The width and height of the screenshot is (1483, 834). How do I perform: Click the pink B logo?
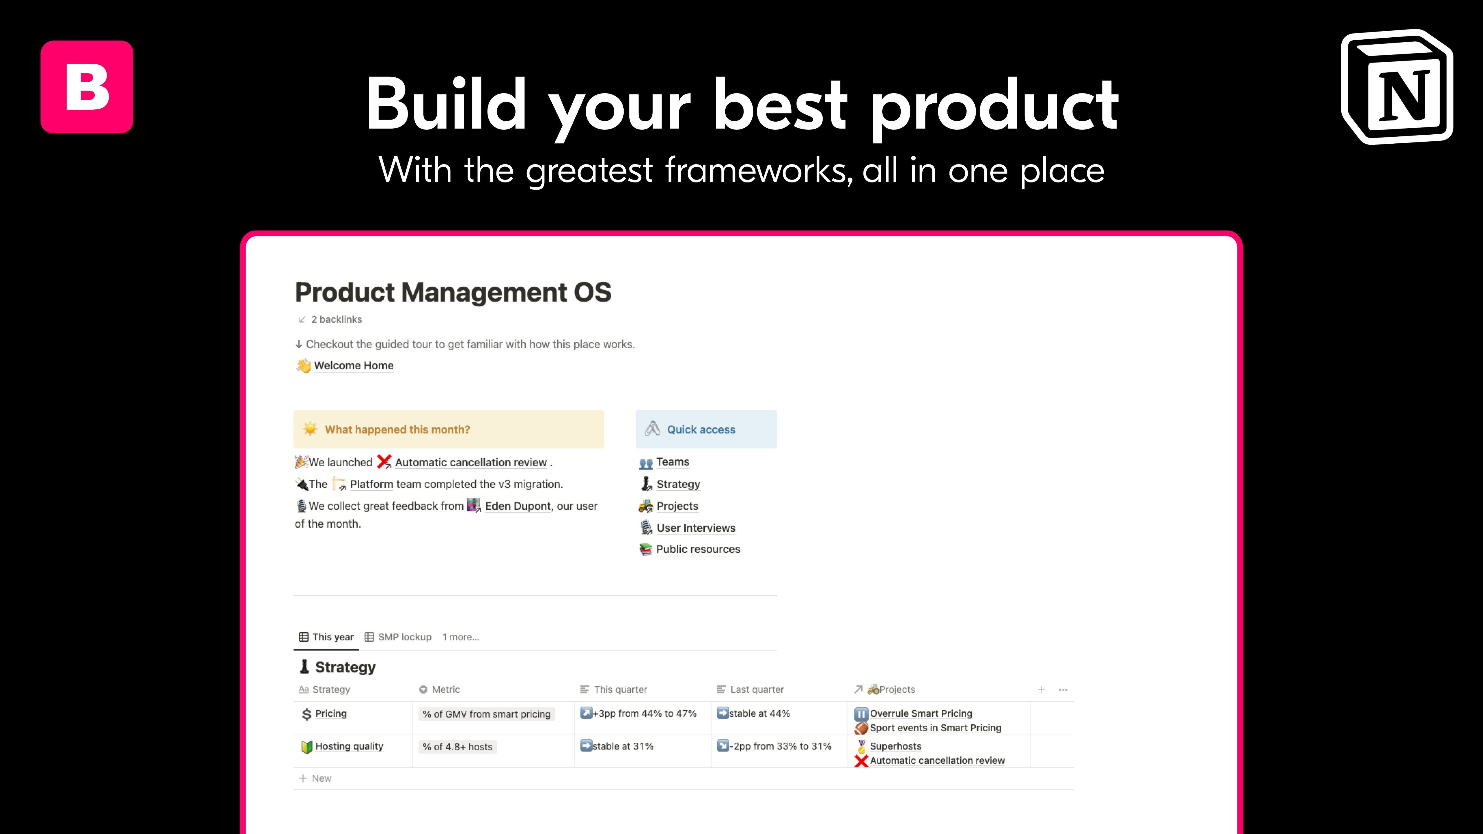coord(87,87)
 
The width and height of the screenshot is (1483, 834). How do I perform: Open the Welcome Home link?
coord(353,365)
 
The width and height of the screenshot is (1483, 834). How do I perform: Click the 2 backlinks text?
coord(336,319)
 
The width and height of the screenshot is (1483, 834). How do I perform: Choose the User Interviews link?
coord(695,528)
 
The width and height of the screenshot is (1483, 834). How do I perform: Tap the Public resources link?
coord(698,549)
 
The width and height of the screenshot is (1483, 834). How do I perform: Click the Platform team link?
coord(371,484)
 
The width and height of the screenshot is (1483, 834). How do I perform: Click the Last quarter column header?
coord(757,689)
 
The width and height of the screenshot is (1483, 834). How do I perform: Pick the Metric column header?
coord(445,689)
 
